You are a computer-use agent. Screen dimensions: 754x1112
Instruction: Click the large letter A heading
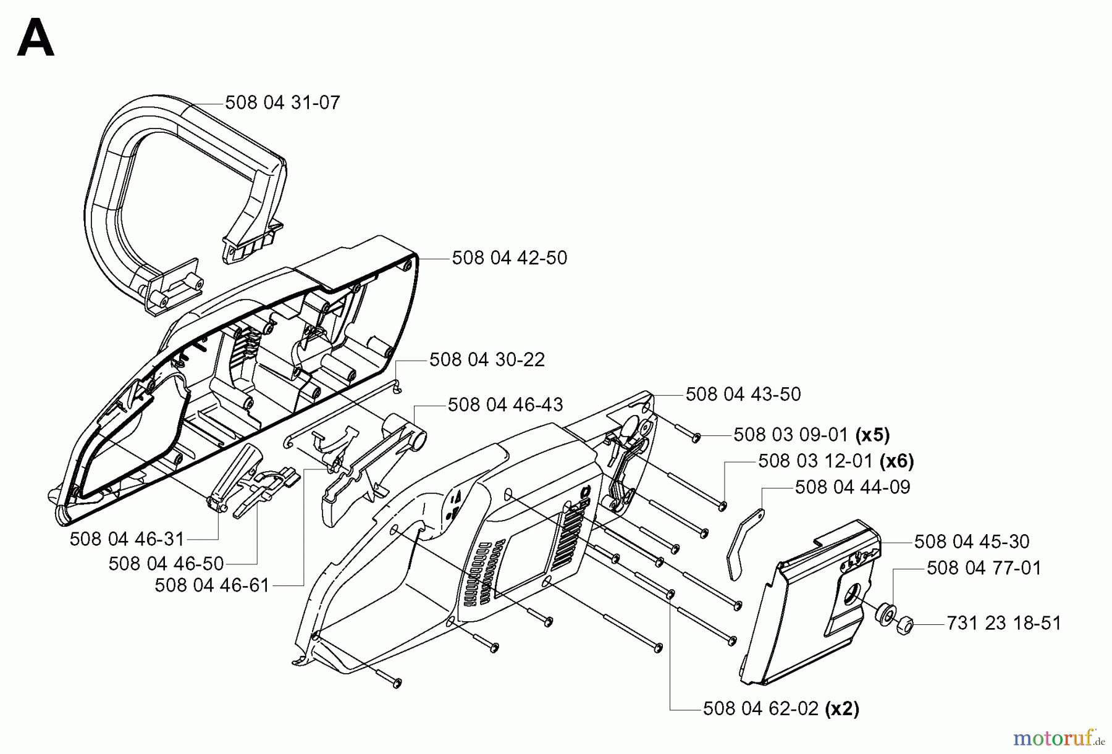(36, 38)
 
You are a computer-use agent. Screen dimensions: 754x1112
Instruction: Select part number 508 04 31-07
(282, 103)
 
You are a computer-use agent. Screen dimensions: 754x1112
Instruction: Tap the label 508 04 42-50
(509, 258)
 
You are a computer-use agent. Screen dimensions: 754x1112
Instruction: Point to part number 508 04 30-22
(487, 359)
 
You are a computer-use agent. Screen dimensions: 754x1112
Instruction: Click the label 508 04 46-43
(505, 405)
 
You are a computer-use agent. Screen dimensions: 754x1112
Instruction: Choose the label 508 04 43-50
(743, 394)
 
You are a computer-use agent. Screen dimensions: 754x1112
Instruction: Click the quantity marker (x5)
(872, 435)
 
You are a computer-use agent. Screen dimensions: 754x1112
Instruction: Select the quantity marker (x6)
(896, 461)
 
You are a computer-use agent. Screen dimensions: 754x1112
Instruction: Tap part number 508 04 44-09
(853, 487)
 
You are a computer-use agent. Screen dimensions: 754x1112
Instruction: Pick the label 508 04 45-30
(972, 542)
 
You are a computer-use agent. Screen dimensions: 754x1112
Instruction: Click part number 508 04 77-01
(984, 568)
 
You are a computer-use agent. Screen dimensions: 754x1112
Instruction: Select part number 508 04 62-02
(761, 709)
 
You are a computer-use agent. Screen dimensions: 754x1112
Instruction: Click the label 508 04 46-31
(127, 539)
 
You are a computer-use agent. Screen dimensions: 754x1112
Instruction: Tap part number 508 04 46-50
(166, 564)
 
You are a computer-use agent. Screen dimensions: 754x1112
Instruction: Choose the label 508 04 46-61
(212, 585)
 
